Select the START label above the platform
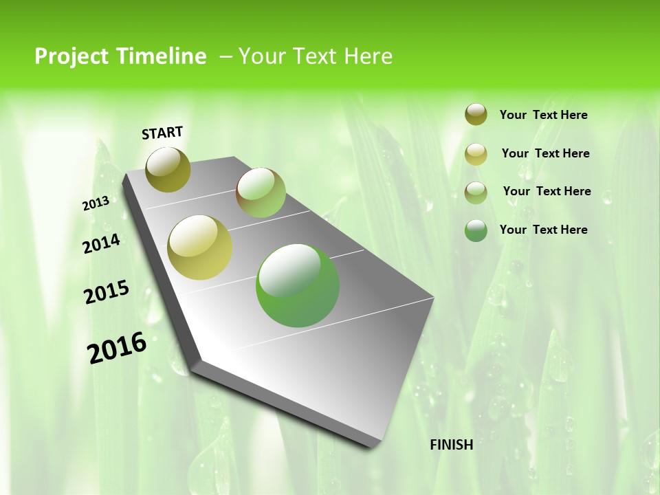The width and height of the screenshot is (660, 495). point(162,133)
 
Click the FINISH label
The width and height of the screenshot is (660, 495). point(451,445)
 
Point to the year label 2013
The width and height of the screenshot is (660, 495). point(96,203)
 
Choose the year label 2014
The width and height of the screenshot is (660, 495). point(102,243)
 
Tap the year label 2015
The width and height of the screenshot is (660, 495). point(107,292)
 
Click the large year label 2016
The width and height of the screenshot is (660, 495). point(117,348)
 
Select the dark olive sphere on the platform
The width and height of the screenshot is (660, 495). point(168,169)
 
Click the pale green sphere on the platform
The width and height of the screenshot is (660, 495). point(261,192)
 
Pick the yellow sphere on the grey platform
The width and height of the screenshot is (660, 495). point(200,247)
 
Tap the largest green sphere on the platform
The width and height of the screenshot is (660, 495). point(298,285)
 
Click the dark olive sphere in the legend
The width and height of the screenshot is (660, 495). point(476,114)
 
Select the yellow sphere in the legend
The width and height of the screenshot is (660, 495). point(476,154)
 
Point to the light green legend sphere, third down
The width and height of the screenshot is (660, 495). point(476,192)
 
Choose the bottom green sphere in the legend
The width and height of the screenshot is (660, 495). point(476,230)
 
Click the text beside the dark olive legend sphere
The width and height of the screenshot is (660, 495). point(543,115)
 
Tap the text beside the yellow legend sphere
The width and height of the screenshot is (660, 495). point(545,153)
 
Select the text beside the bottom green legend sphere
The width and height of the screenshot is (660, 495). point(543,230)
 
